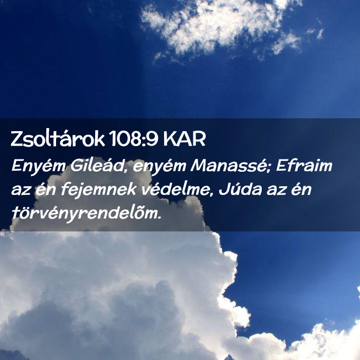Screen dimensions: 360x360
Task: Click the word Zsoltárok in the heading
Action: coord(58,138)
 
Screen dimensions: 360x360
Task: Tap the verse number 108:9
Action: coord(133,139)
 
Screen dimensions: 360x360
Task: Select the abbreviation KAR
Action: coord(184,139)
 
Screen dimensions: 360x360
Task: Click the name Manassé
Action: coord(228,165)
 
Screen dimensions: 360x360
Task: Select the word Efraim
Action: coord(304,165)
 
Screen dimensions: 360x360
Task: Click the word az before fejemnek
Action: coord(21,191)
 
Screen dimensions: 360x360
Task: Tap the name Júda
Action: coord(240,190)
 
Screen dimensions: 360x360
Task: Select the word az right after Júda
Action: coord(277,191)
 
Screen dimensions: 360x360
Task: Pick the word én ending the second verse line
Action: coord(301,190)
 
